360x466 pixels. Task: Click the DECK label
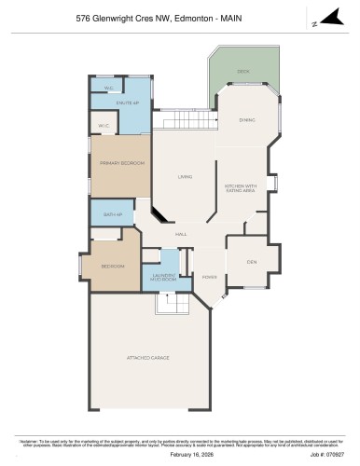pyautogui.click(x=242, y=72)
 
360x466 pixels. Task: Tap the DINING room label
pyautogui.click(x=247, y=120)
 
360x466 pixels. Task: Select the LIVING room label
pyautogui.click(x=185, y=176)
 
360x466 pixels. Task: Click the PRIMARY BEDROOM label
pyautogui.click(x=122, y=163)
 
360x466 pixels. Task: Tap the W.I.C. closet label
pyautogui.click(x=103, y=126)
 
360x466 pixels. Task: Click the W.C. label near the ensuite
pyautogui.click(x=109, y=89)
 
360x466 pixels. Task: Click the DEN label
pyautogui.click(x=252, y=261)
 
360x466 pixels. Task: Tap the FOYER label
pyautogui.click(x=209, y=277)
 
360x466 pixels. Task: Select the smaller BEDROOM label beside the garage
pyautogui.click(x=113, y=267)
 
